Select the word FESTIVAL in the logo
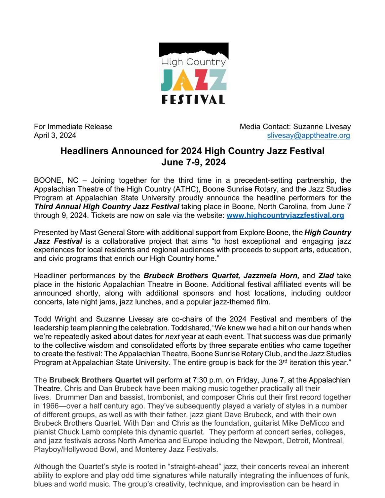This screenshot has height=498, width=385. pos(193,99)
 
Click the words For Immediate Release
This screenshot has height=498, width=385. pos(73,127)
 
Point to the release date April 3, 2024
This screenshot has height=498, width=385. pos(55,135)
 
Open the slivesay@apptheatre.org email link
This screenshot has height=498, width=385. pos(308,135)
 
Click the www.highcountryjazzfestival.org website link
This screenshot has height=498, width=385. pos(285,215)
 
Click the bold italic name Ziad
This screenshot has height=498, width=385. pos(326,276)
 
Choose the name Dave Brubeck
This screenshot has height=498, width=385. pos(249,415)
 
